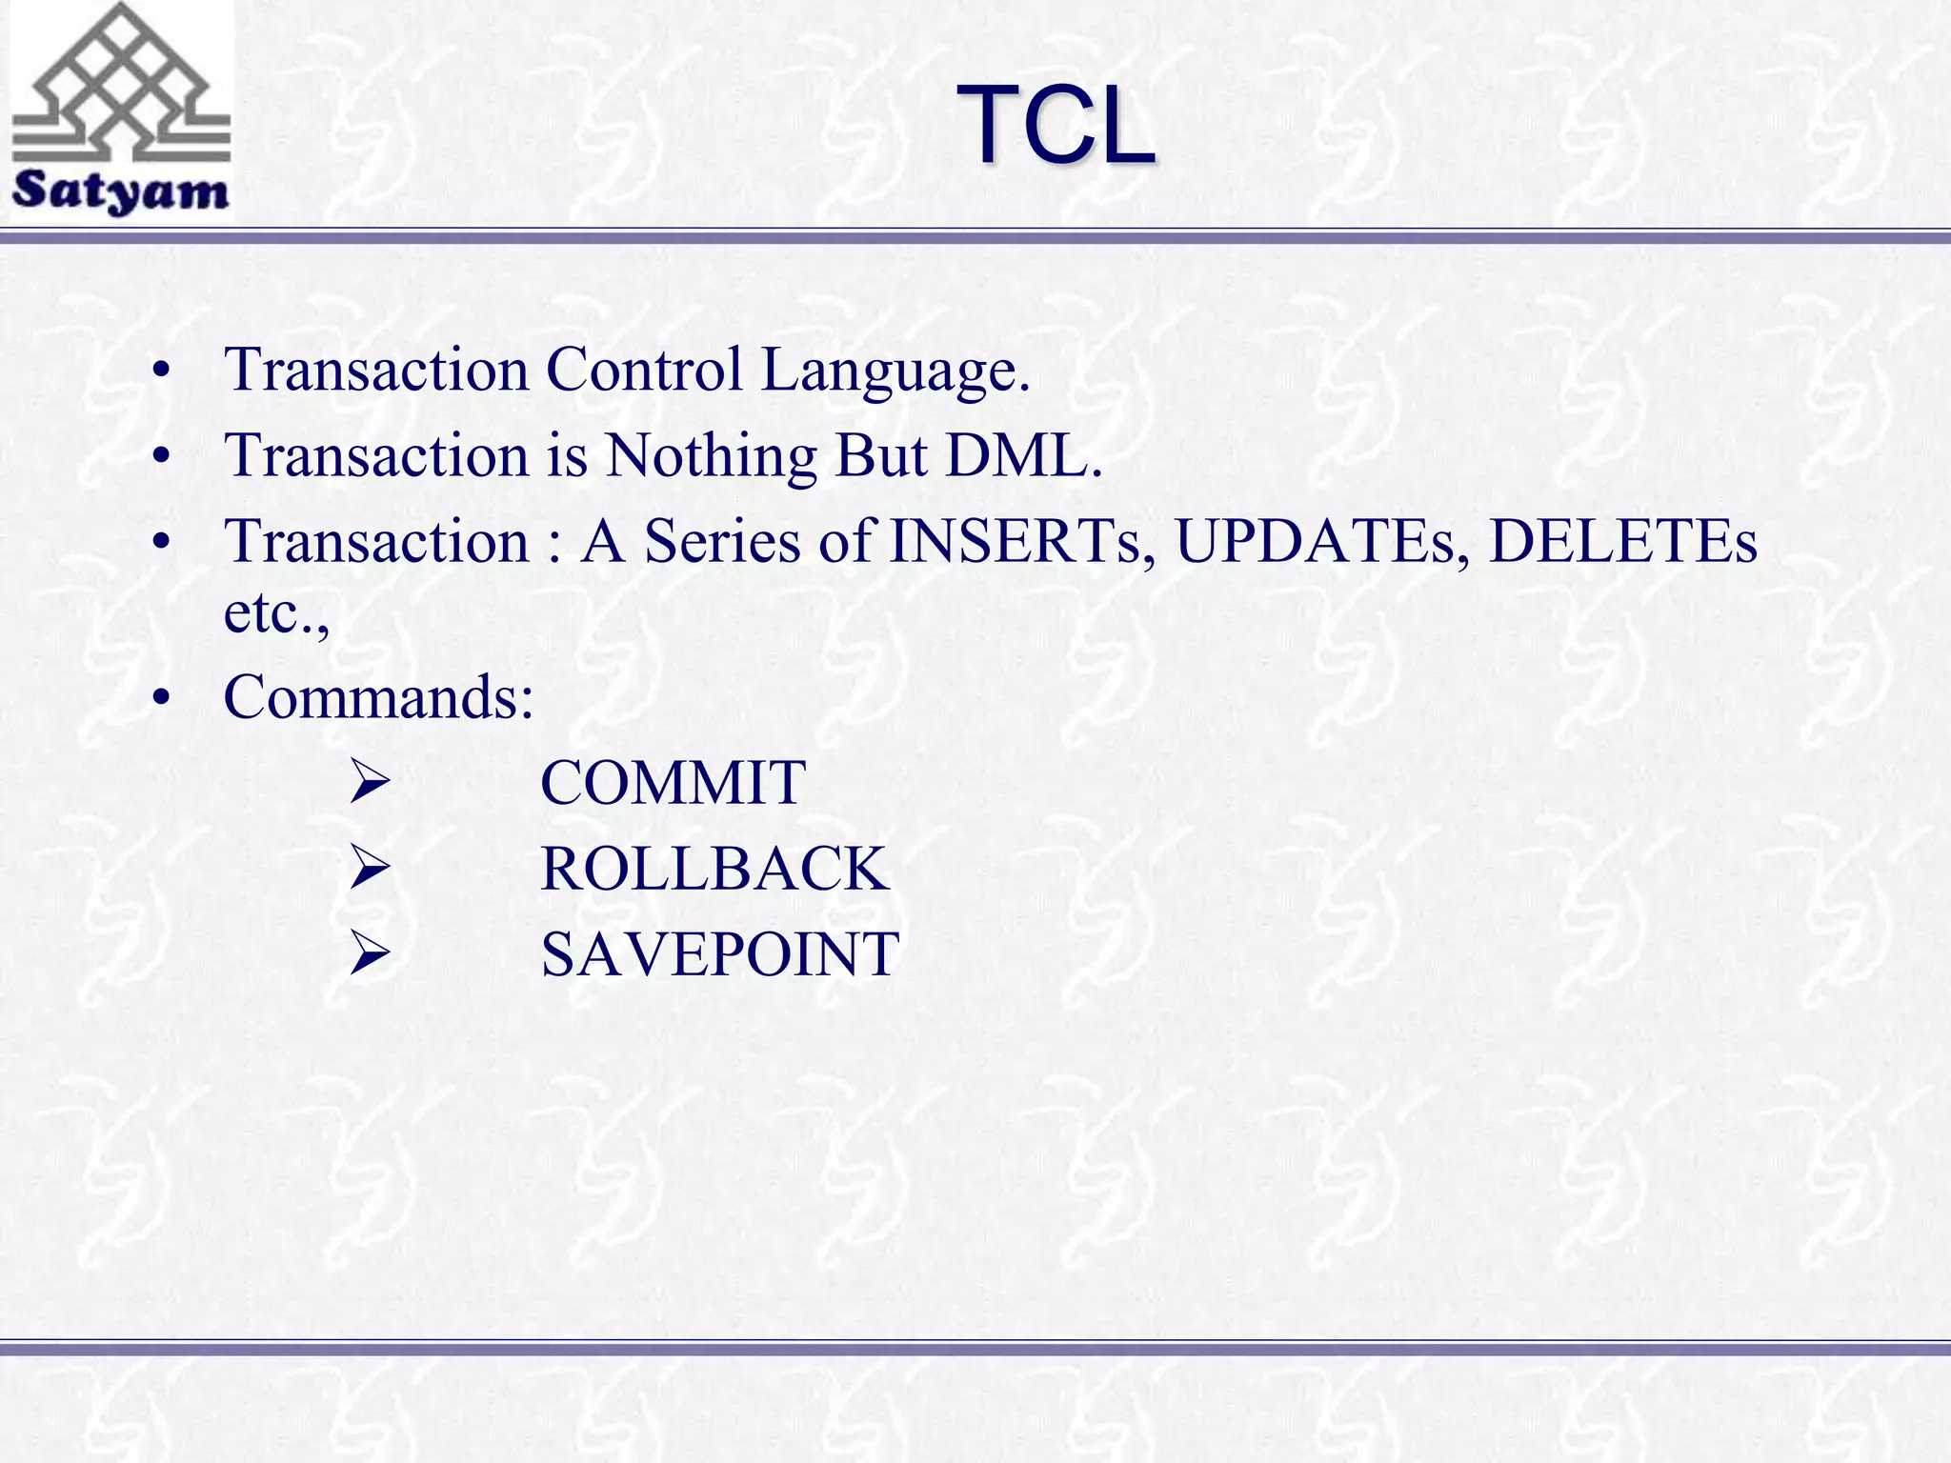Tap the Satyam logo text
[x=120, y=191]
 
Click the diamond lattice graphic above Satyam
[x=121, y=86]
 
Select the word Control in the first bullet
[x=644, y=370]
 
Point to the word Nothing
[x=712, y=455]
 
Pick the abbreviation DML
[x=1022, y=455]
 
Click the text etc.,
[x=276, y=612]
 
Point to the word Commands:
[x=378, y=697]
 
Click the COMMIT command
[x=673, y=783]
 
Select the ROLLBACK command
[x=714, y=869]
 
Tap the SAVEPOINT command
[x=719, y=954]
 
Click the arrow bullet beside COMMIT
[x=370, y=783]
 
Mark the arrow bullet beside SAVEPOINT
[x=370, y=954]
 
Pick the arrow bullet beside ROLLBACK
[x=370, y=869]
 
